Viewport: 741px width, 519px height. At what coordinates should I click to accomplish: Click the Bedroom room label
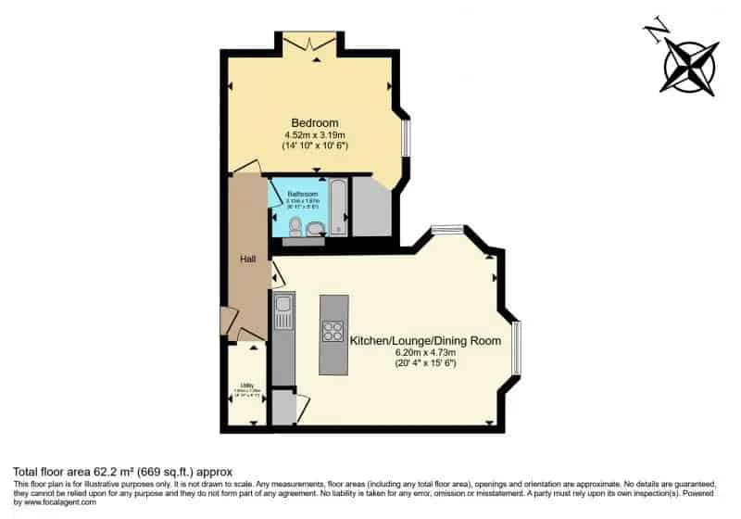click(x=315, y=123)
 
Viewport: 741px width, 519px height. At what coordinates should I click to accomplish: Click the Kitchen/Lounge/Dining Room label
click(x=425, y=341)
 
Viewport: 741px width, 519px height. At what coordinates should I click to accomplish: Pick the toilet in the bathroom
click(x=295, y=226)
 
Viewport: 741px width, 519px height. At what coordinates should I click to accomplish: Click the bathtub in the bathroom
click(x=338, y=206)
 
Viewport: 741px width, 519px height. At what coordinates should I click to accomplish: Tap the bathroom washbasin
click(x=317, y=229)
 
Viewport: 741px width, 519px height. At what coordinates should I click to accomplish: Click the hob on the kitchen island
click(x=333, y=331)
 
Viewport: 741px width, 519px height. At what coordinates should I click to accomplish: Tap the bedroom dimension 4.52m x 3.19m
click(x=315, y=135)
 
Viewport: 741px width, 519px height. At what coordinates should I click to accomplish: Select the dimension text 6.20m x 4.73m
click(x=425, y=353)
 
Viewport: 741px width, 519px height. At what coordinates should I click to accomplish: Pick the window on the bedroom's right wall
click(x=405, y=138)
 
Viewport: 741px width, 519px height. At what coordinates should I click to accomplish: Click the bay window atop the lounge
click(x=447, y=230)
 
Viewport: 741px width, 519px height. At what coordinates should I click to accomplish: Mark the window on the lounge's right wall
click(x=516, y=348)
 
